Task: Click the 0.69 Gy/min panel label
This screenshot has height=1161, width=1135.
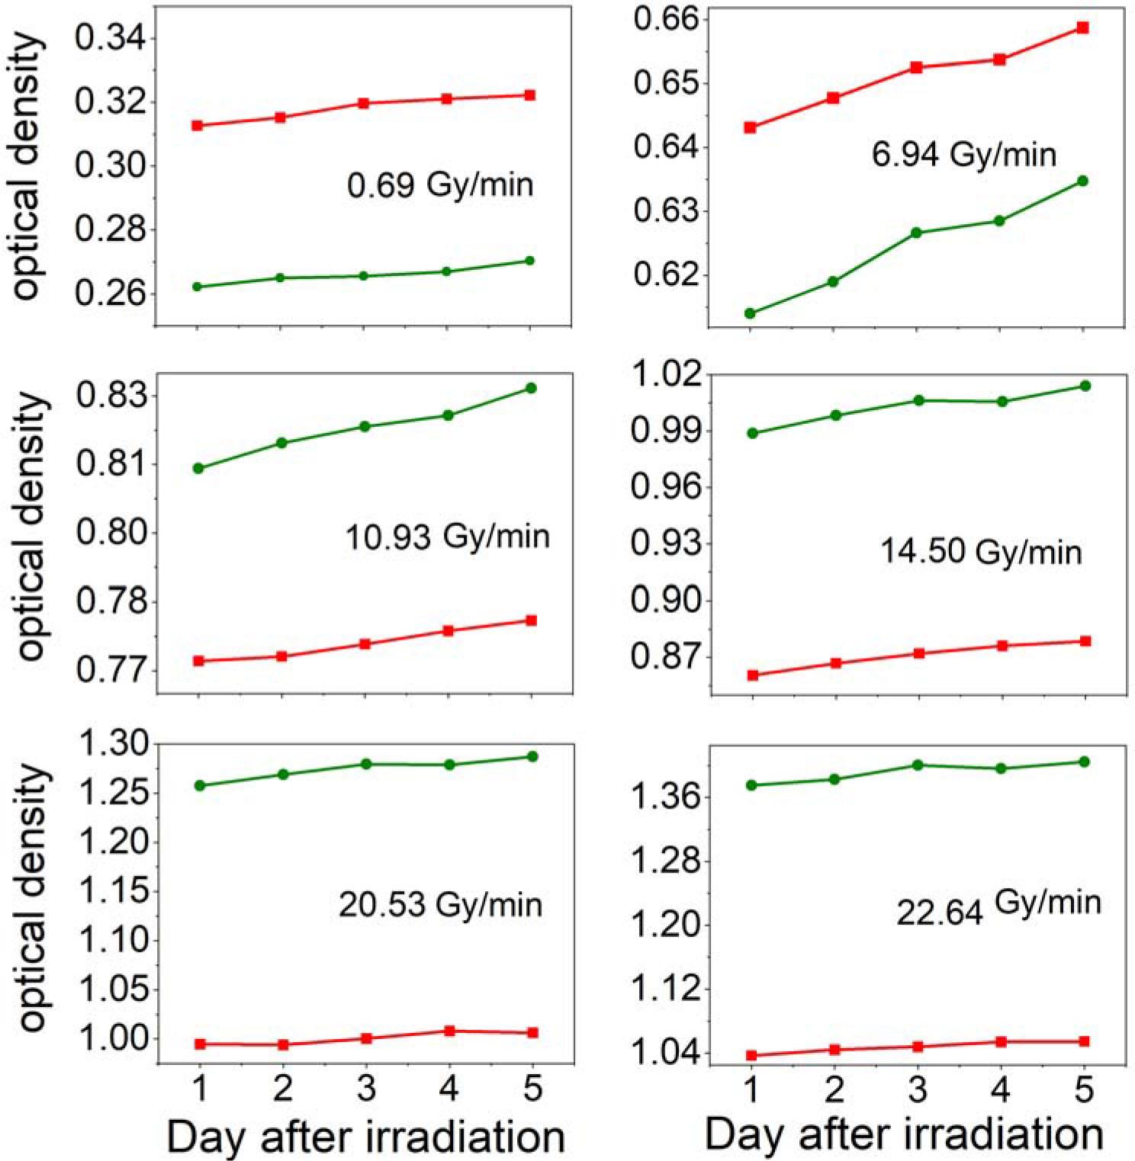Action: [x=440, y=185]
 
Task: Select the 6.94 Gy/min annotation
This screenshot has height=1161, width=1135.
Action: [x=964, y=155]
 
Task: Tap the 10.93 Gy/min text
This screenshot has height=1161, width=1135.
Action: [x=448, y=537]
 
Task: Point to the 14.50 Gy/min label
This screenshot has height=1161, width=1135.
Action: [x=981, y=551]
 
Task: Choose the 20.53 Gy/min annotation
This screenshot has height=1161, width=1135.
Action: [x=440, y=905]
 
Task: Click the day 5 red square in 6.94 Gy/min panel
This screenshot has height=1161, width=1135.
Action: [x=1082, y=28]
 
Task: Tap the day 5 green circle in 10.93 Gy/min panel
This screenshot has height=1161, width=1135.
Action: [x=532, y=388]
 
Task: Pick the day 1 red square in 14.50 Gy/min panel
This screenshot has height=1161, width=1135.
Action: [x=753, y=675]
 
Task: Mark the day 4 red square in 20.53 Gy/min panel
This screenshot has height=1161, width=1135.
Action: [x=449, y=1031]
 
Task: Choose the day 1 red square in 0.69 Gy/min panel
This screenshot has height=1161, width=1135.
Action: [x=198, y=125]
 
